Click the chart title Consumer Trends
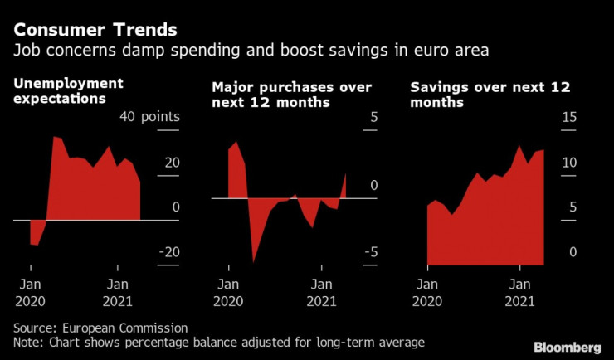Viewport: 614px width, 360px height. pyautogui.click(x=95, y=31)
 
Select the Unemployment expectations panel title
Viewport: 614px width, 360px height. pyautogui.click(x=68, y=90)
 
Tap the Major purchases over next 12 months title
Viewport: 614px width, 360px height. pyautogui.click(x=291, y=95)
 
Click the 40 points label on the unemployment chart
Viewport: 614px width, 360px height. pyautogui.click(x=149, y=117)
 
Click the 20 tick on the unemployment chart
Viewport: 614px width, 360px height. pyautogui.click(x=171, y=163)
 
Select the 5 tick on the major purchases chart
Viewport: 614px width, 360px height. pyautogui.click(x=373, y=117)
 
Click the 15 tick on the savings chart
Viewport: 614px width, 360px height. pyautogui.click(x=568, y=117)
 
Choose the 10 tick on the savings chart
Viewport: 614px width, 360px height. pyautogui.click(x=568, y=163)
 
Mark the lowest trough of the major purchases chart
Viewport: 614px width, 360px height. pyautogui.click(x=254, y=262)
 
